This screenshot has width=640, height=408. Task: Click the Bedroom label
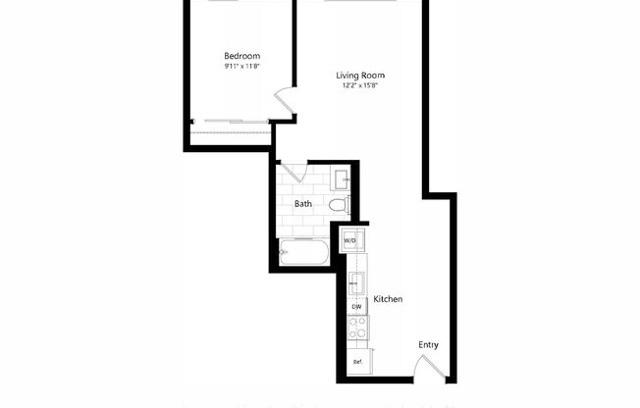[x=241, y=56]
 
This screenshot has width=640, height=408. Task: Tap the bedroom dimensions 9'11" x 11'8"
[x=241, y=68]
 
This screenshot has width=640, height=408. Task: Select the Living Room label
[x=359, y=76]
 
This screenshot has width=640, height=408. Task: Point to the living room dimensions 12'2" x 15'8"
[x=359, y=86]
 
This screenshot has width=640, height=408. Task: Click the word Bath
[x=303, y=204]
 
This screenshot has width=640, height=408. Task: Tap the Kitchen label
[x=389, y=299]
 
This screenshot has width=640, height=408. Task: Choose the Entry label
[x=428, y=344]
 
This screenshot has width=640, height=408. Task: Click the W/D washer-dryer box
[x=351, y=239]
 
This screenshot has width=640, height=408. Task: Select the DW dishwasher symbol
[x=356, y=307]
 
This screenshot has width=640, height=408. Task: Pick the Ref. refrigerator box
[x=358, y=362]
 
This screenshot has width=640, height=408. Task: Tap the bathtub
[x=305, y=252]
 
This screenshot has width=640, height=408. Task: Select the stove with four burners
[x=358, y=331]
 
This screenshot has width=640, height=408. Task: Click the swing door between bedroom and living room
[x=283, y=100]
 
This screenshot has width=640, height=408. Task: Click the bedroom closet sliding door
[x=232, y=122]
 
